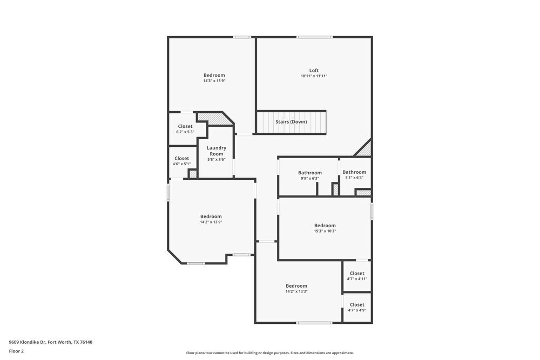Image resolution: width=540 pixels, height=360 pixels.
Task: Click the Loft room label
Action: pyautogui.click(x=314, y=70)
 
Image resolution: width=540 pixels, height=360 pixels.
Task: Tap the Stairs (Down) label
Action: pyautogui.click(x=291, y=121)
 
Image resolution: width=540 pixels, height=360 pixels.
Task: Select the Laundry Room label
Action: pyautogui.click(x=216, y=151)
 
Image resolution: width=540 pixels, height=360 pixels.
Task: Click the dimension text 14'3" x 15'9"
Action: pyautogui.click(x=214, y=81)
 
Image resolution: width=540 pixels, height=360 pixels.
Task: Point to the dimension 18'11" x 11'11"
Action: pyautogui.click(x=314, y=76)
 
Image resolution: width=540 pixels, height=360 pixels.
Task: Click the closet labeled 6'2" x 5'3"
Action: pyautogui.click(x=185, y=129)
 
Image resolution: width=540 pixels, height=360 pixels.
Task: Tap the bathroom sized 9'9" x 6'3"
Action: pyautogui.click(x=309, y=175)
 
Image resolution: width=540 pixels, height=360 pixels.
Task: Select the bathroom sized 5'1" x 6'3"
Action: pyautogui.click(x=354, y=175)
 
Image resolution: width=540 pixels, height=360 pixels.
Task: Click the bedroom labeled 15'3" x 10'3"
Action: pyautogui.click(x=325, y=228)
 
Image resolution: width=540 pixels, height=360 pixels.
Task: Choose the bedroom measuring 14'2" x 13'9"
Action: pyautogui.click(x=211, y=219)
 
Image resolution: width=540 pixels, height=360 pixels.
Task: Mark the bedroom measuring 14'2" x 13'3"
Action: pyautogui.click(x=296, y=288)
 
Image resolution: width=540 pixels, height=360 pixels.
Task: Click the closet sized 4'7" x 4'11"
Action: pyautogui.click(x=357, y=276)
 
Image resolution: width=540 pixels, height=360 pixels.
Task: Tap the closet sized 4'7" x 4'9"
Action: pyautogui.click(x=357, y=307)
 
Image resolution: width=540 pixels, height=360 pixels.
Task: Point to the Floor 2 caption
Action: pyautogui.click(x=16, y=351)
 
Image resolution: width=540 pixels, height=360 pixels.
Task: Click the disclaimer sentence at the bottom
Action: pyautogui.click(x=270, y=353)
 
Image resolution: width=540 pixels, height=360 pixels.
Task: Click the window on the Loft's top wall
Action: pyautogui.click(x=314, y=37)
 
